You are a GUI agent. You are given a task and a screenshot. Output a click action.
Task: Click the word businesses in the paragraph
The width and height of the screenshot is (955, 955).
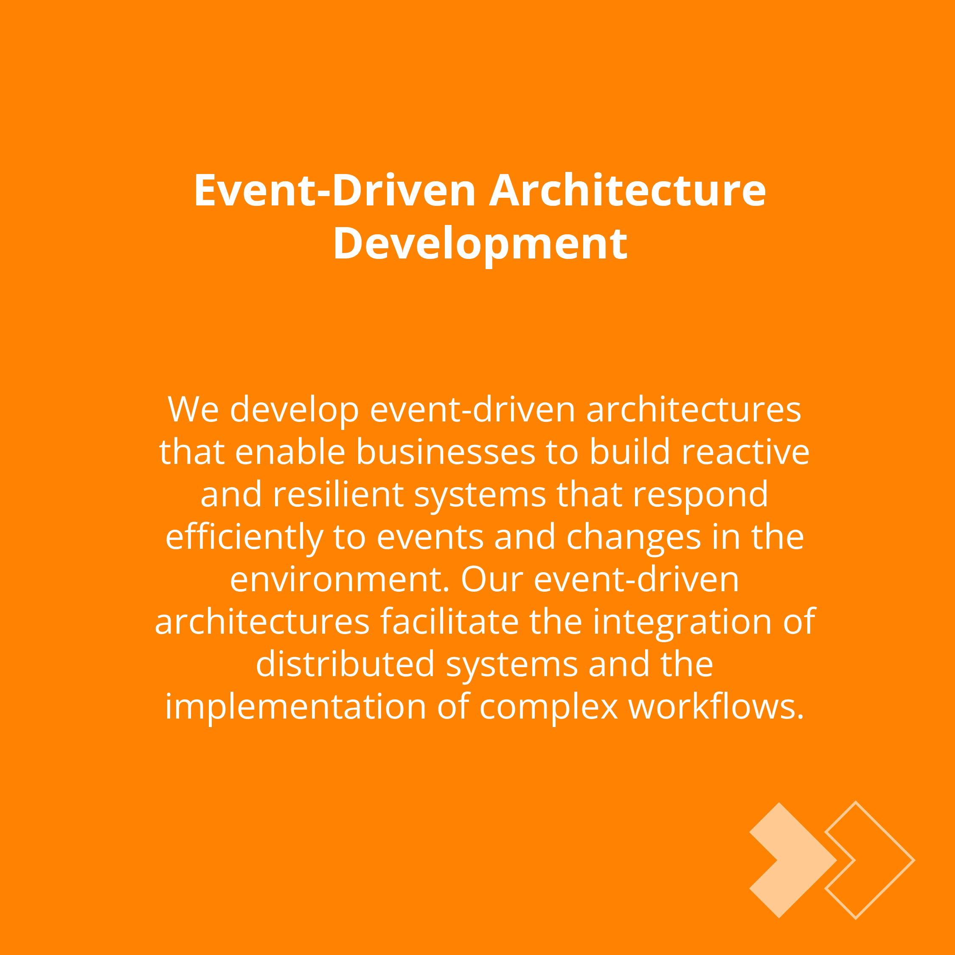pyautogui.click(x=445, y=452)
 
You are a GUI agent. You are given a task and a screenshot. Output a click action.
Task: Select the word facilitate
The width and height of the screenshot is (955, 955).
pyautogui.click(x=449, y=621)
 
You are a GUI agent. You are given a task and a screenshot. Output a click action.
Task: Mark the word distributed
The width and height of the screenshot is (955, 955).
pyautogui.click(x=345, y=664)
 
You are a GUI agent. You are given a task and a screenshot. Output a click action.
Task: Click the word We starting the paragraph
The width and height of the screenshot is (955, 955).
pyautogui.click(x=193, y=410)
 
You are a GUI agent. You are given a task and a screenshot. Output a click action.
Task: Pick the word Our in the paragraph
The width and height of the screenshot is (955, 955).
pyautogui.click(x=492, y=580)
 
